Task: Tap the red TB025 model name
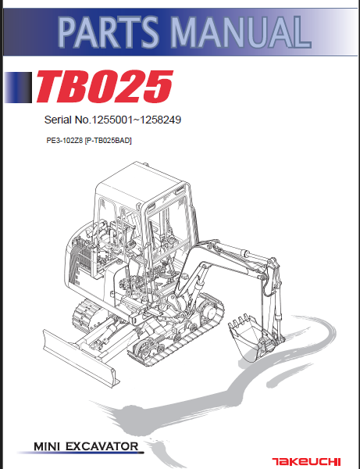[102, 88]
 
